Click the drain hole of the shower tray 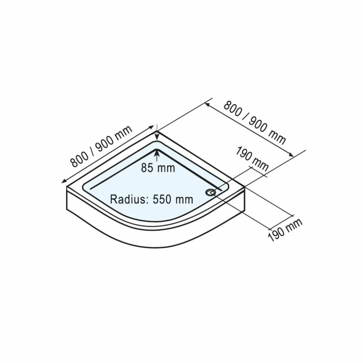click(211, 192)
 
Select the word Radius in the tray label click(127, 199)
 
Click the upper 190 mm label click(252, 158)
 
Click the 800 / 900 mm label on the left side click(101, 146)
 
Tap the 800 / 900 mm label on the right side click(255, 123)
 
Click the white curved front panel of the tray click(153, 238)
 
